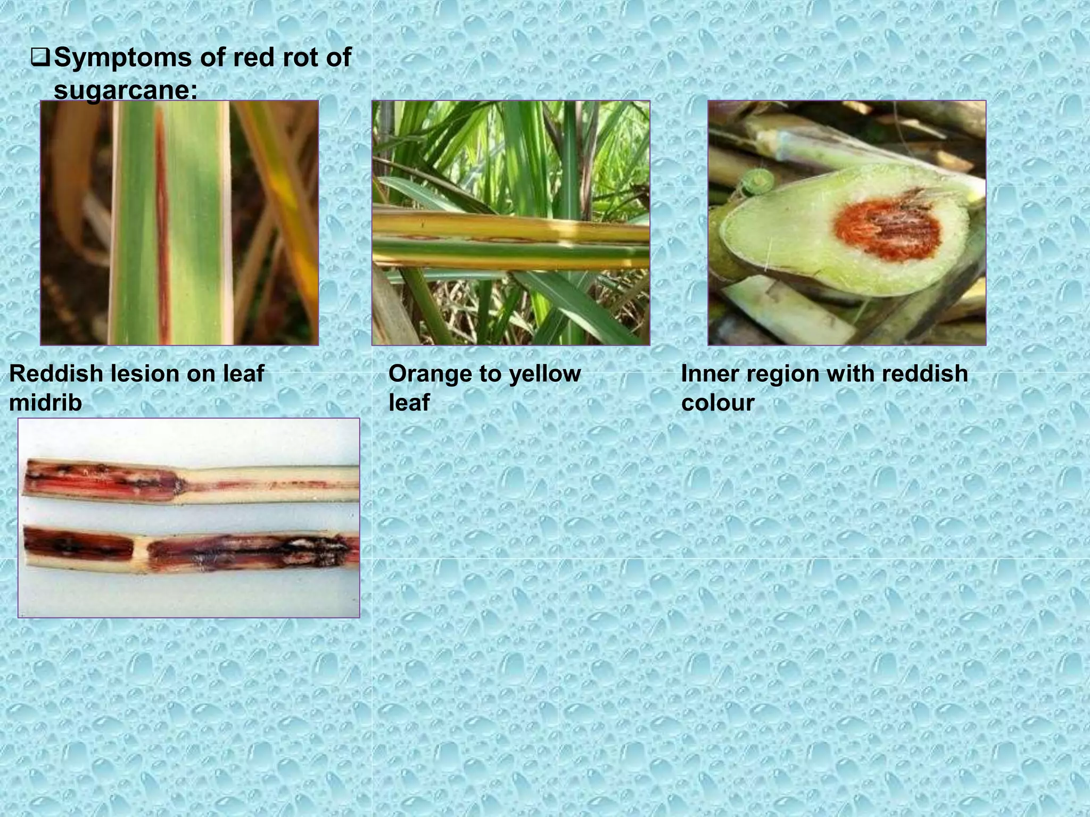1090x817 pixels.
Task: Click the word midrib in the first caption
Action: tap(46, 403)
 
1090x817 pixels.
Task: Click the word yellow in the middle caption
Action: tap(544, 374)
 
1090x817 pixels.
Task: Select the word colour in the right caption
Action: tap(717, 403)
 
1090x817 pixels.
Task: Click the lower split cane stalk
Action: tap(189, 548)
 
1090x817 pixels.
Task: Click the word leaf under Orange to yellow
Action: tap(409, 403)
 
